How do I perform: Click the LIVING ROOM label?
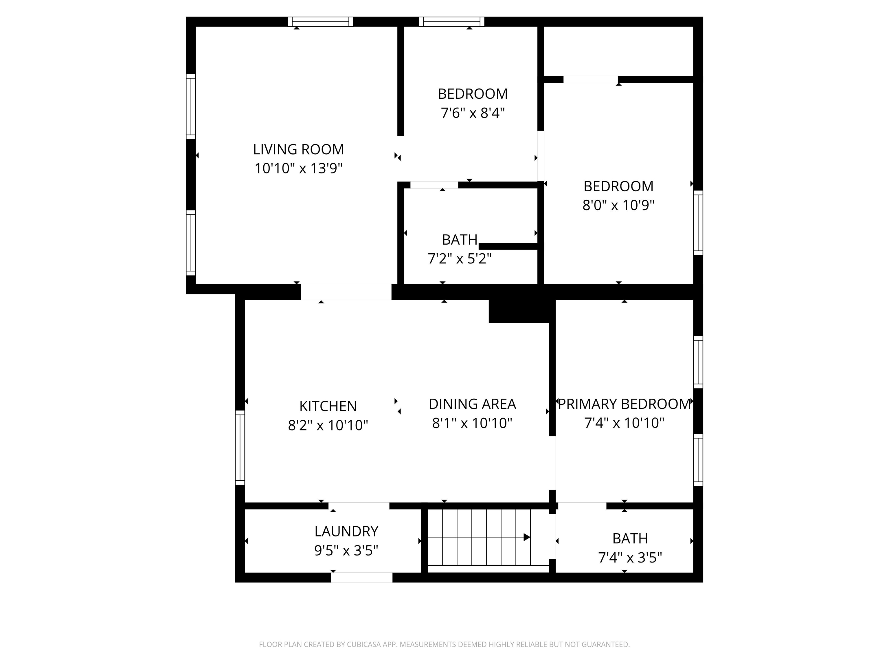298,150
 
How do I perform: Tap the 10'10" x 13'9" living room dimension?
298,168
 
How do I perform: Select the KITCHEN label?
328,406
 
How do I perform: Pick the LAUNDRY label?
346,532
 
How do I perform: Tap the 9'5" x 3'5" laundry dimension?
346,550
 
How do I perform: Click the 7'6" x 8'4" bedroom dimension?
473,113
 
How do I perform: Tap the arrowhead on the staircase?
527,537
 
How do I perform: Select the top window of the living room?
320,22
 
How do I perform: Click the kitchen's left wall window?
240,448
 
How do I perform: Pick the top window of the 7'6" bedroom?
452,22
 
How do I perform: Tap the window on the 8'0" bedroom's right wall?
698,223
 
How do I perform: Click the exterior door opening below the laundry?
362,577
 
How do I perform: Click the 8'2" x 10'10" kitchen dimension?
328,425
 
